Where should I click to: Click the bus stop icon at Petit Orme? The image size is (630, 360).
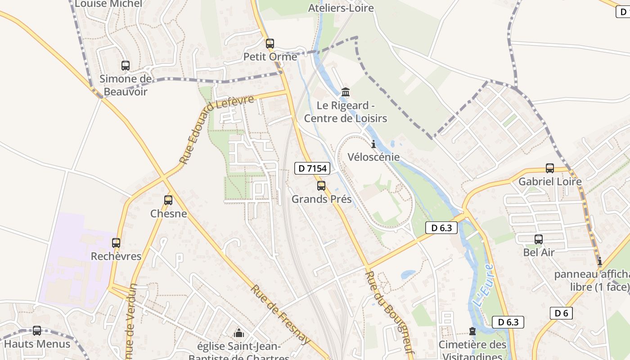click(270, 44)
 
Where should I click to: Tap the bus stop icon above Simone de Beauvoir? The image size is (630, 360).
click(126, 66)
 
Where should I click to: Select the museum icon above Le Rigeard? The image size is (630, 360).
click(346, 92)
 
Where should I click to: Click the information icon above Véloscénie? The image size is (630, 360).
click(373, 144)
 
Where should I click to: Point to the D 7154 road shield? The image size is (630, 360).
click(312, 169)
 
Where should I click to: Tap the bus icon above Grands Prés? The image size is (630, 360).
click(321, 186)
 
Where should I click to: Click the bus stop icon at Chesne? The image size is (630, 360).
click(168, 200)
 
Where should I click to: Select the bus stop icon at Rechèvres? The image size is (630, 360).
click(116, 243)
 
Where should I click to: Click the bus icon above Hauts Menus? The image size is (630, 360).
click(37, 331)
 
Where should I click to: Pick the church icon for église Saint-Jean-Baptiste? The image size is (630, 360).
click(238, 333)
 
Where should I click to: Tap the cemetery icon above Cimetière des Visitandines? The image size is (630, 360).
click(472, 332)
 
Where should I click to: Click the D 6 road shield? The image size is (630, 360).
click(561, 313)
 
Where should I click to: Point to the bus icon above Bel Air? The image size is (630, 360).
click(538, 239)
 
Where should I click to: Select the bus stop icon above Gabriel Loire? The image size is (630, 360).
click(549, 168)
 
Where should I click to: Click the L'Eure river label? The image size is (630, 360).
click(484, 286)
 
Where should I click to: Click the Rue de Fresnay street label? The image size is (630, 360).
click(280, 314)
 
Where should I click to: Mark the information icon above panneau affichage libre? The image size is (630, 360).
click(599, 261)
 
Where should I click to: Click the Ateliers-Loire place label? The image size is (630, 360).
click(341, 8)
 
